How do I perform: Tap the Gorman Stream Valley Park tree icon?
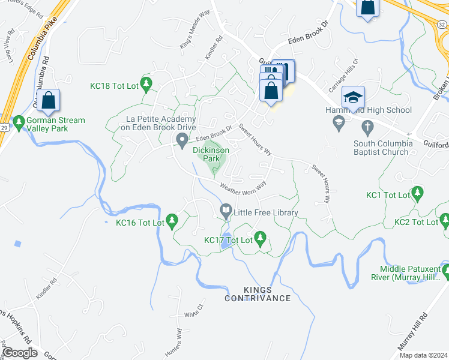(x=19, y=120)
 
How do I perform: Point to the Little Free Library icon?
(x=226, y=210)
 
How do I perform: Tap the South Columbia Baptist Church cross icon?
(x=368, y=127)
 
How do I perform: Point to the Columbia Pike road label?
(x=37, y=40)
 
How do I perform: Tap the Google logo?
(x=20, y=353)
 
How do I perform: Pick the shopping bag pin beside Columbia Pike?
(x=48, y=100)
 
